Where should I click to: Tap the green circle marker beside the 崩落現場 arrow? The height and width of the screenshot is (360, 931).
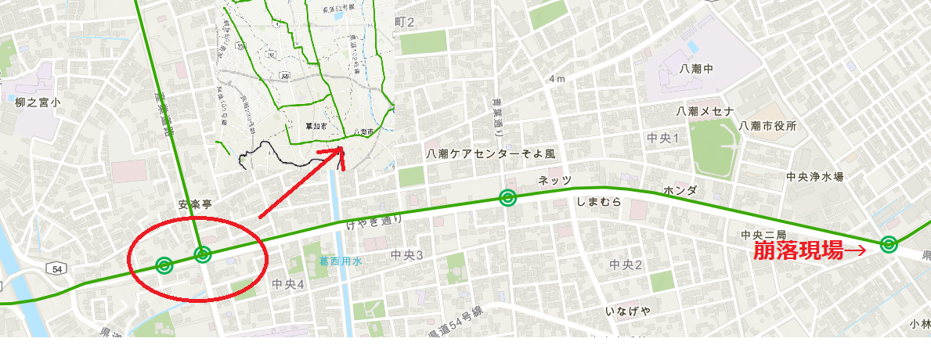pyautogui.click(x=888, y=244)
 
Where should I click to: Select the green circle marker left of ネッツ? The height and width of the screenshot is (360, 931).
pyautogui.click(x=507, y=198)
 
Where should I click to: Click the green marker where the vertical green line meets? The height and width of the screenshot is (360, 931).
pyautogui.click(x=202, y=254)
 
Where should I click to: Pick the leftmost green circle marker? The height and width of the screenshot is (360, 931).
pyautogui.click(x=164, y=265)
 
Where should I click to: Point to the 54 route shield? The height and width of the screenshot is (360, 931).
pyautogui.click(x=56, y=268)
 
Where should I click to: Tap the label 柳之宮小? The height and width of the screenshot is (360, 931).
pyautogui.click(x=37, y=102)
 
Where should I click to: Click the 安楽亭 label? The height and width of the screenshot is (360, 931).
pyautogui.click(x=195, y=204)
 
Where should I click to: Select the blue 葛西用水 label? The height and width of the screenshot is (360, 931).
pyautogui.click(x=340, y=261)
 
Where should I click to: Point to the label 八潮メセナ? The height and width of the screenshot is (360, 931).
pyautogui.click(x=705, y=110)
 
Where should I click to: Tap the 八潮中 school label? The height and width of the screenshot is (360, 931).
pyautogui.click(x=696, y=69)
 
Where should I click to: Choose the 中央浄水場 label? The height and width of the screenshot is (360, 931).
pyautogui.click(x=815, y=177)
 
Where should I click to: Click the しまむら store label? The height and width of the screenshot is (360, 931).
pyautogui.click(x=598, y=201)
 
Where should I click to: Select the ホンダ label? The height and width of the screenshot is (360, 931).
pyautogui.click(x=680, y=190)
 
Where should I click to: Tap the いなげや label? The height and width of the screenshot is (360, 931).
pyautogui.click(x=628, y=311)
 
